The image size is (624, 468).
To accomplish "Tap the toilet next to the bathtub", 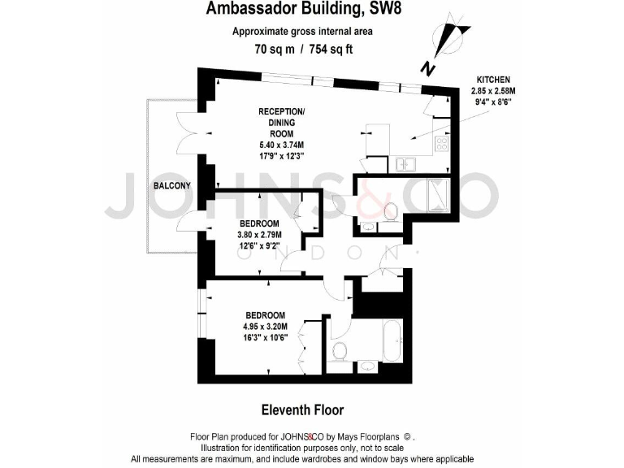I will [x=338, y=351].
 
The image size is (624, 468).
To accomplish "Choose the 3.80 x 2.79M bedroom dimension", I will [x=259, y=236].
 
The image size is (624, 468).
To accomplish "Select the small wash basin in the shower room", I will [x=367, y=226].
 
